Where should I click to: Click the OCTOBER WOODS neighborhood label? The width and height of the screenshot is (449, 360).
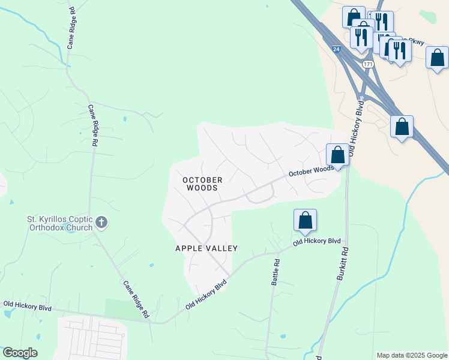click(x=202, y=184)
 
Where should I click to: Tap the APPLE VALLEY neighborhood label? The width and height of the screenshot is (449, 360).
click(x=206, y=248)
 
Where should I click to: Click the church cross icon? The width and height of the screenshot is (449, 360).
click(x=101, y=223)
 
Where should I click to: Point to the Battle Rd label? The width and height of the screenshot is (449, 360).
click(x=276, y=272)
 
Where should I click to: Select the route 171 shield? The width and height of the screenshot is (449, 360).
click(x=368, y=64)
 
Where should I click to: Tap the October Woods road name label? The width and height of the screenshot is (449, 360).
click(x=310, y=171)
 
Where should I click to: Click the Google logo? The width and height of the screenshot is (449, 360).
click(x=20, y=353)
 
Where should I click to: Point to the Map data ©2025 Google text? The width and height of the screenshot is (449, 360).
click(x=412, y=355)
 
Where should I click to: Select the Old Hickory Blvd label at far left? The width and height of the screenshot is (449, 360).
click(x=28, y=306)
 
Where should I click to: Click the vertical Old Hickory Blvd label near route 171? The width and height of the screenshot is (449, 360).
click(x=360, y=124)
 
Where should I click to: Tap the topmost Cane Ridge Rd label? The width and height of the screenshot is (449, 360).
click(x=71, y=28)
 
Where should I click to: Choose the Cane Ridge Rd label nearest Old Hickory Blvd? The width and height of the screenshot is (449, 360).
click(x=136, y=299)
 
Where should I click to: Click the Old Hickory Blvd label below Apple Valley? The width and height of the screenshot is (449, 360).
click(x=206, y=293)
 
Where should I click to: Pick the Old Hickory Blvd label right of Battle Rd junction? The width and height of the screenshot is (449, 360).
click(x=316, y=241)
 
